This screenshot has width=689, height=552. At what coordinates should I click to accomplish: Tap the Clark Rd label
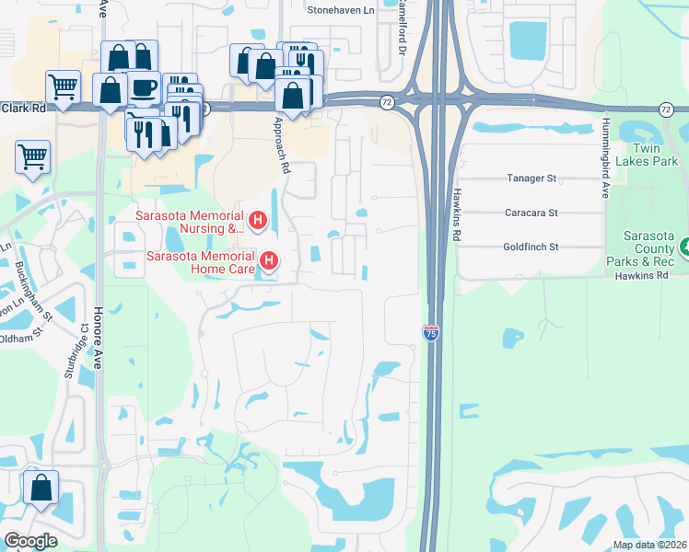point(23,108)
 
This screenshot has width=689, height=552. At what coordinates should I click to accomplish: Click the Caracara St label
point(531,213)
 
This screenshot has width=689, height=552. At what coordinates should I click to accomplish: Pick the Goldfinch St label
point(531,247)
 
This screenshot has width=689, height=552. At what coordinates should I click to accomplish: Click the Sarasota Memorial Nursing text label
point(189,222)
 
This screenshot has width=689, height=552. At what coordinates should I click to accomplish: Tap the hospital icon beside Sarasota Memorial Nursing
point(258,221)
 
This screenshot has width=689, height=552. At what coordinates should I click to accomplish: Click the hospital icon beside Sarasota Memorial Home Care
point(268,261)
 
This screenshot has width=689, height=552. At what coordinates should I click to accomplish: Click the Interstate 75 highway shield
point(430,334)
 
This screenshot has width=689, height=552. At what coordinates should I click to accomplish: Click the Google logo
point(31,541)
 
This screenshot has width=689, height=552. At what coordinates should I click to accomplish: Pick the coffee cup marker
point(143,87)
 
